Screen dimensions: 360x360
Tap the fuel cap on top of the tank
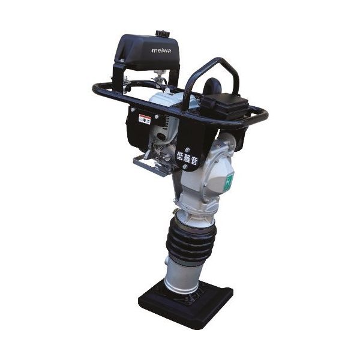(161, 34)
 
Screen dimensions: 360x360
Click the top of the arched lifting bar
(216, 61)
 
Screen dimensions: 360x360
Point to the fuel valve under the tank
(158, 78)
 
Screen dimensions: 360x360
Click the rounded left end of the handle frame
(95, 89)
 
